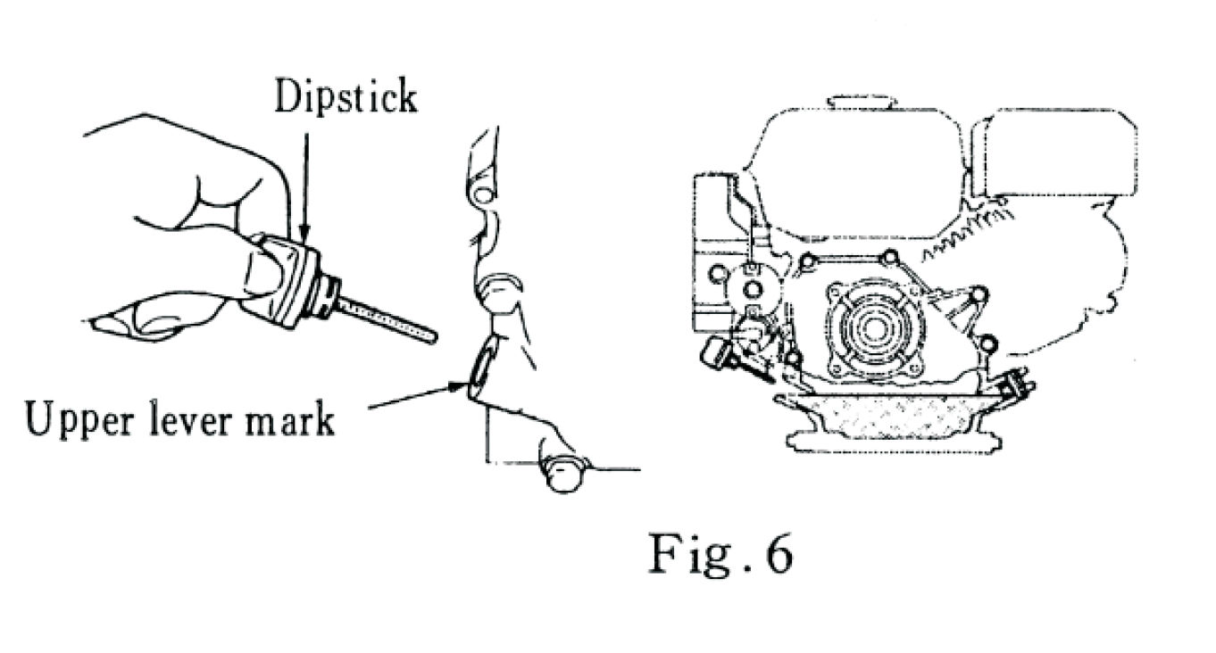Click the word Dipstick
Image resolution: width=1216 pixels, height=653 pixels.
pos(345,95)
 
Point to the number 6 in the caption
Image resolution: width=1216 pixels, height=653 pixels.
pos(778,554)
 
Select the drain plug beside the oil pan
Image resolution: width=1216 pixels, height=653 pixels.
pos(1018,385)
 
